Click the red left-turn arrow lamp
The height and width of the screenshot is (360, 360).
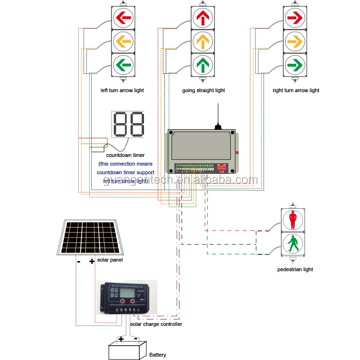tap(123, 18)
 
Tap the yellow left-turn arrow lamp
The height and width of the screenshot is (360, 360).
tap(123, 41)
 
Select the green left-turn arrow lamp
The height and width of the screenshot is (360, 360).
tap(123, 63)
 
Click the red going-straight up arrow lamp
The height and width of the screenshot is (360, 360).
tap(203, 18)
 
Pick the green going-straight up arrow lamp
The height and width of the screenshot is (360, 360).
tap(203, 63)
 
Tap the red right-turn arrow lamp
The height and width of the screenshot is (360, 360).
tap(293, 18)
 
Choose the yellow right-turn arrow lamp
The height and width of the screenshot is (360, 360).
tap(293, 41)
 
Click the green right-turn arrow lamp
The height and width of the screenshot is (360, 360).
tap(293, 63)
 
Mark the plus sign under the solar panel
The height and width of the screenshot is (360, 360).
tap(92, 262)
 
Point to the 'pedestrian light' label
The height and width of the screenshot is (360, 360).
tap(295, 269)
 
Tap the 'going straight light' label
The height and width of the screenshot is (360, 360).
tap(204, 90)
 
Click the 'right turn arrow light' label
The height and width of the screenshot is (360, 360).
tap(296, 90)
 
